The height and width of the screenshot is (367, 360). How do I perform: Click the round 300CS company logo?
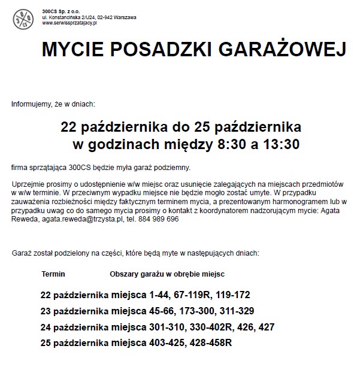click(25, 19)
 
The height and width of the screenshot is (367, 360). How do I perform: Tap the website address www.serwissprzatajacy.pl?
click(70, 23)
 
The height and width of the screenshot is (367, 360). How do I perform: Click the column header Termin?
click(53, 274)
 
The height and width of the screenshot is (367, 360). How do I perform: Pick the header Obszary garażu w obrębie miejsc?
click(167, 274)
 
